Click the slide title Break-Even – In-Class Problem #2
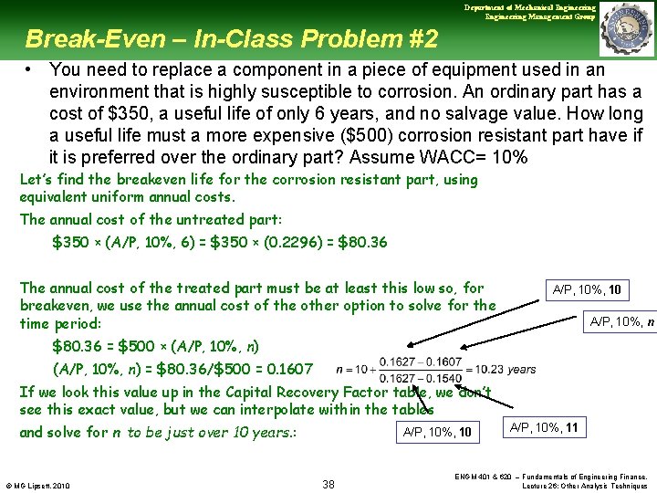click(232, 39)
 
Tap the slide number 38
click(328, 484)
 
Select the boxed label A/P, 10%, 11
click(545, 427)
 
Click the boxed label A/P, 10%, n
click(621, 320)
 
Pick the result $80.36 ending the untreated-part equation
click(362, 242)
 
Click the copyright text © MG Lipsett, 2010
click(39, 484)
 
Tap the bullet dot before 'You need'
click(30, 70)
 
